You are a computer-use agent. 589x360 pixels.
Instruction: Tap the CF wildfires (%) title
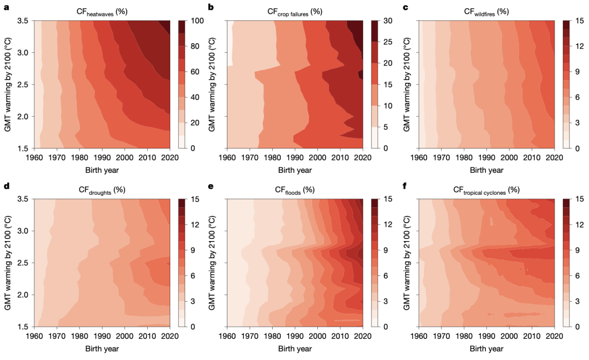[485, 12]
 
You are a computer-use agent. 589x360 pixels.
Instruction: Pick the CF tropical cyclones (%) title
[485, 190]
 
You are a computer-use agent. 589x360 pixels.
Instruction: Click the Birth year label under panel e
[295, 348]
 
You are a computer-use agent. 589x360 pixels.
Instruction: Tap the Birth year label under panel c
[486, 170]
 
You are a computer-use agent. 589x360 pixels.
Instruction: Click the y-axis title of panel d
[8, 263]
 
